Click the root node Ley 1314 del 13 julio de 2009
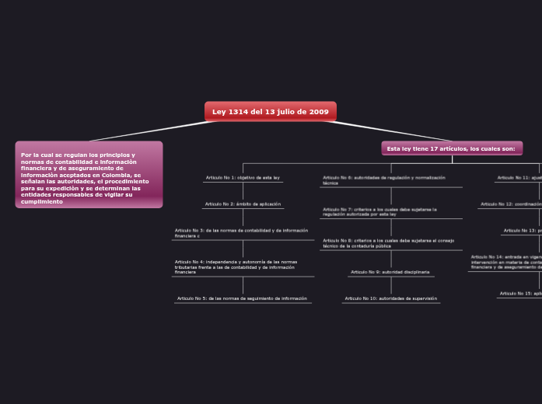[270, 112]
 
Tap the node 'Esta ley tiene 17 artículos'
[451, 148]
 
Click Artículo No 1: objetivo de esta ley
[243, 178]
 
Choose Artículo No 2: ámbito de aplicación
[243, 204]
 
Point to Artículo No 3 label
[241, 233]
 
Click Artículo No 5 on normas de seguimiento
[242, 298]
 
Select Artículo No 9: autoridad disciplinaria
[390, 272]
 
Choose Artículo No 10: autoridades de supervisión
[391, 298]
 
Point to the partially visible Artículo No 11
[519, 178]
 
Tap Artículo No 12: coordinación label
[511, 204]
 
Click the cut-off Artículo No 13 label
[522, 231]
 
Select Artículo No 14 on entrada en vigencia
[506, 262]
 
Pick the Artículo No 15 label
[520, 294]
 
